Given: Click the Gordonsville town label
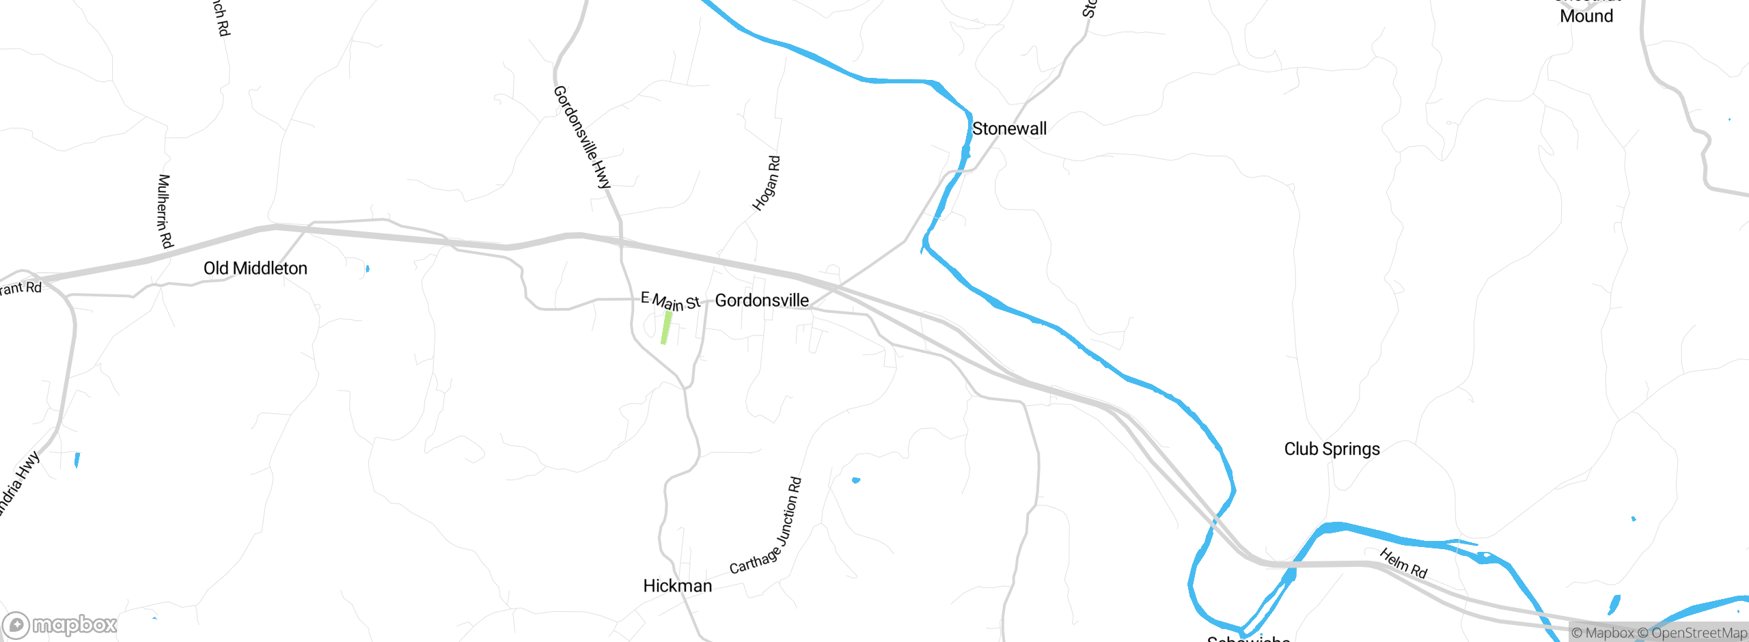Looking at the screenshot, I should pos(762,301).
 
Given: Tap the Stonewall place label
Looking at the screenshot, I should pos(1009,129).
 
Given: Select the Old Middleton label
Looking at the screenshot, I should pos(256,268).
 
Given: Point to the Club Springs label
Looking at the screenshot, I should pos(1332,449).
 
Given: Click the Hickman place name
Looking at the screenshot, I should pos(677,586).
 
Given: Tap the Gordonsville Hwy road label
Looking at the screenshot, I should pos(582,137).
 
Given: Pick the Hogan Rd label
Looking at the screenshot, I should pos(767,183).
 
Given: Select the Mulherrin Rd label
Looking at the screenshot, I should pos(165,211).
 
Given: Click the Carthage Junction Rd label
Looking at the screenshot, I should pos(767,526).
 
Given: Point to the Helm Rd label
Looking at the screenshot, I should pos(1403,563).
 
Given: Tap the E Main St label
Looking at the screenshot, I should pos(670,301).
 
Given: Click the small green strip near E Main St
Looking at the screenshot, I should pos(665,328).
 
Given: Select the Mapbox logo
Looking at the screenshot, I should pos(60,624).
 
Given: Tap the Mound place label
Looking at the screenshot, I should pos(1586,16).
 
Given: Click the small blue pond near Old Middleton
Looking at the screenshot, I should pos(368,268).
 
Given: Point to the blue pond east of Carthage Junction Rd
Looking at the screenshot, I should pos(856,480).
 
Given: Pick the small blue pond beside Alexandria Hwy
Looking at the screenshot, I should pos(77,460).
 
